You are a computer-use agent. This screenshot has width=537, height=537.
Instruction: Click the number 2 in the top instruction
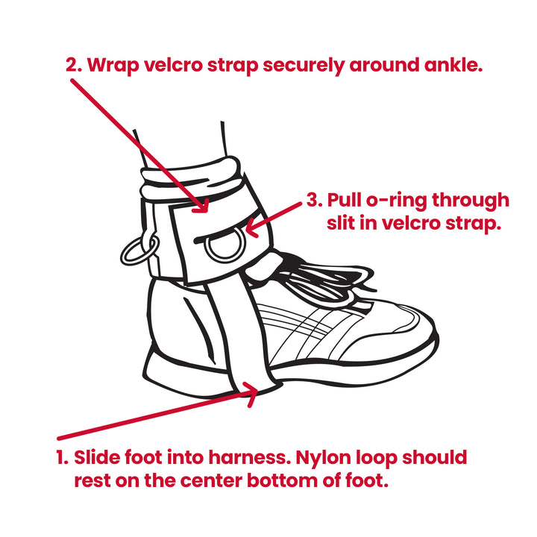pos(72,64)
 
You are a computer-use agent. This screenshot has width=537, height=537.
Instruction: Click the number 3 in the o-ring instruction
pos(314,201)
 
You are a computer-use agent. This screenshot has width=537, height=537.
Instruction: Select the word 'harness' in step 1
pos(256,456)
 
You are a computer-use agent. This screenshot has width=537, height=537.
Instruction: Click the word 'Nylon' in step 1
pos(333,456)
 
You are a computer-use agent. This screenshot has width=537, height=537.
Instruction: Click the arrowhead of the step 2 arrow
pos(203,204)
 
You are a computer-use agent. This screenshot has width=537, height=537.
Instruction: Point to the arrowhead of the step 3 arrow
pos(251,227)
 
